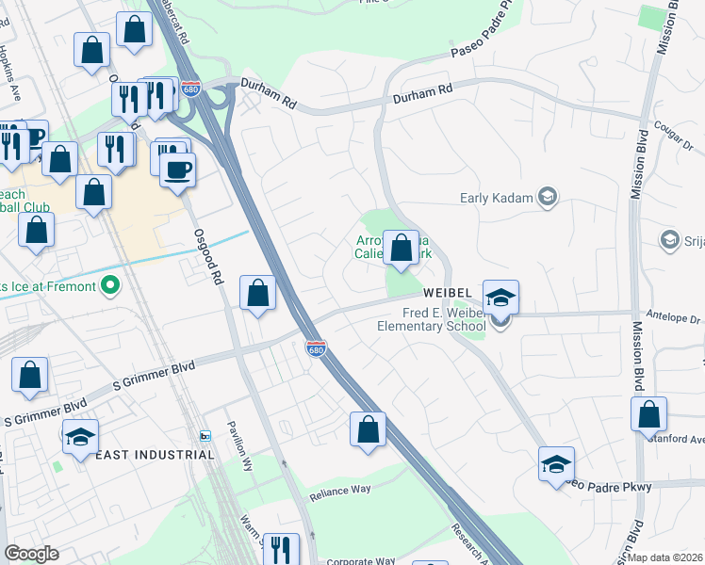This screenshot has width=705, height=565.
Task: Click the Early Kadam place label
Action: (496, 198)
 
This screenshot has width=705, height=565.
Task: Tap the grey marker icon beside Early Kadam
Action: (548, 197)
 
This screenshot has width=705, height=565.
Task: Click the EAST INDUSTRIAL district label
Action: (155, 455)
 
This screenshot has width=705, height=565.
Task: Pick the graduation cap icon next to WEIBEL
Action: (501, 299)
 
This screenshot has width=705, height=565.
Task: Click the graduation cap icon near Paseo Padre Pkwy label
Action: (556, 464)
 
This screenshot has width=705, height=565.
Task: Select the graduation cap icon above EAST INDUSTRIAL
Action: (80, 437)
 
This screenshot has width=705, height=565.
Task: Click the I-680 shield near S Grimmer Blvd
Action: (316, 347)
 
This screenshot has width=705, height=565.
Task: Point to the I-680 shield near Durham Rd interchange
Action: (191, 89)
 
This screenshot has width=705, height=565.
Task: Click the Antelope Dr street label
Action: (673, 319)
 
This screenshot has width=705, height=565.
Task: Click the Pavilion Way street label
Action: (235, 439)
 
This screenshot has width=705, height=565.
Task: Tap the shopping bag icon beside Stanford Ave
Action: (649, 414)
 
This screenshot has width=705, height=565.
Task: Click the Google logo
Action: (31, 554)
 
